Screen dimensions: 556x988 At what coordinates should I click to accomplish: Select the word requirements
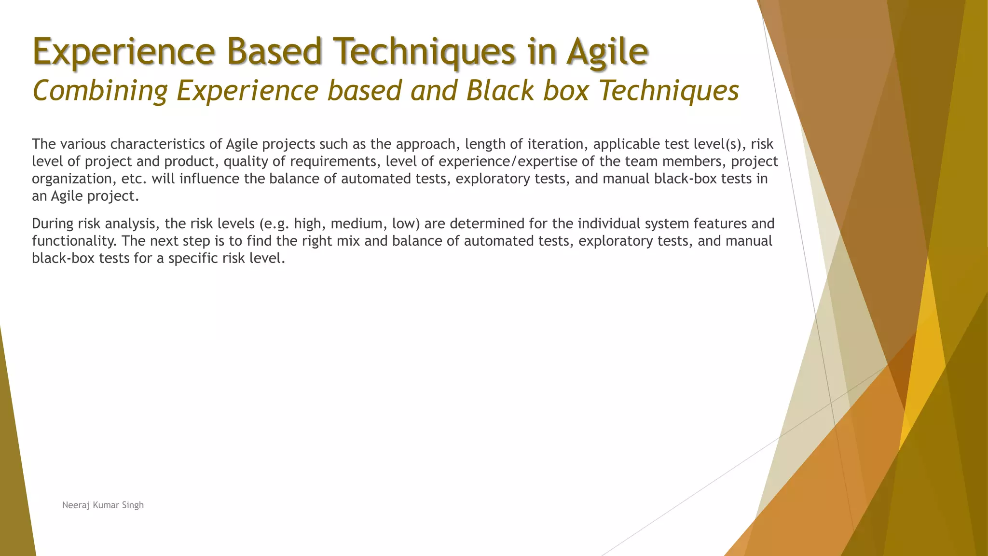[333, 162]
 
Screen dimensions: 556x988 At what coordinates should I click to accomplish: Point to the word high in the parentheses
[308, 224]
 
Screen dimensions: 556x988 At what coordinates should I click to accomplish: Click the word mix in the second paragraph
[348, 241]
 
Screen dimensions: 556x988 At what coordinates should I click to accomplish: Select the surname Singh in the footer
[132, 505]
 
